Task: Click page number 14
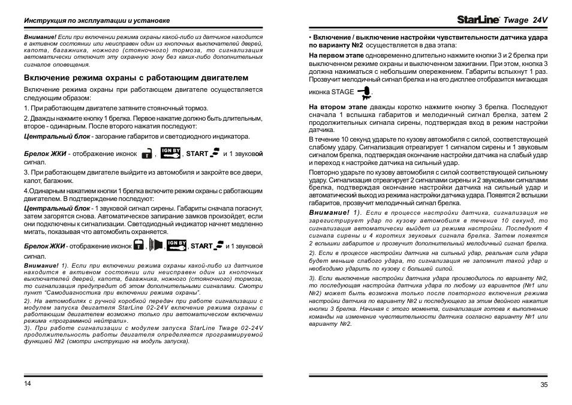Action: (27, 383)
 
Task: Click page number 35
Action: (543, 384)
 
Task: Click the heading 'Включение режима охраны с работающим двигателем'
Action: (136, 77)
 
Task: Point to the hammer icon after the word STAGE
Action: (363, 92)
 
